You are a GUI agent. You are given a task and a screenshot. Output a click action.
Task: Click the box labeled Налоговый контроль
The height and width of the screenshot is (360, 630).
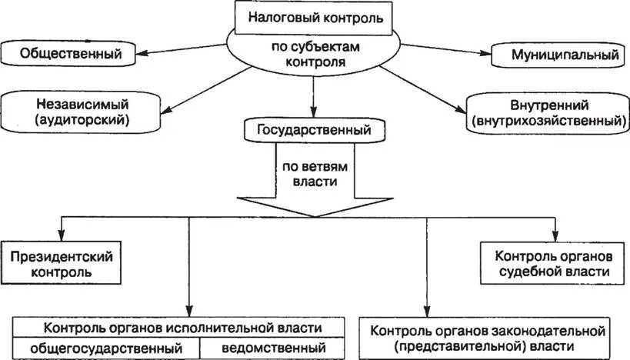tap(315, 16)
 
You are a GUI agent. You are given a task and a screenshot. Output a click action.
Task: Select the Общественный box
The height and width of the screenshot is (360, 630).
tap(72, 55)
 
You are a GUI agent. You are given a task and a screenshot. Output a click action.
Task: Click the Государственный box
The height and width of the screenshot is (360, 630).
tap(315, 130)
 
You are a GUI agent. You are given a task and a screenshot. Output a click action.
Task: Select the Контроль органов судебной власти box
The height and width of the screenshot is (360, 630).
tap(553, 262)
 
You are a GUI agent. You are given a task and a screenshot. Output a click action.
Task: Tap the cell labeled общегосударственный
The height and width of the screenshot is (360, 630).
tap(106, 348)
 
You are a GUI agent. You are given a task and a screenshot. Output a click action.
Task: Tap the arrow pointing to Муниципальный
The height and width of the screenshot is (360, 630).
tap(446, 50)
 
